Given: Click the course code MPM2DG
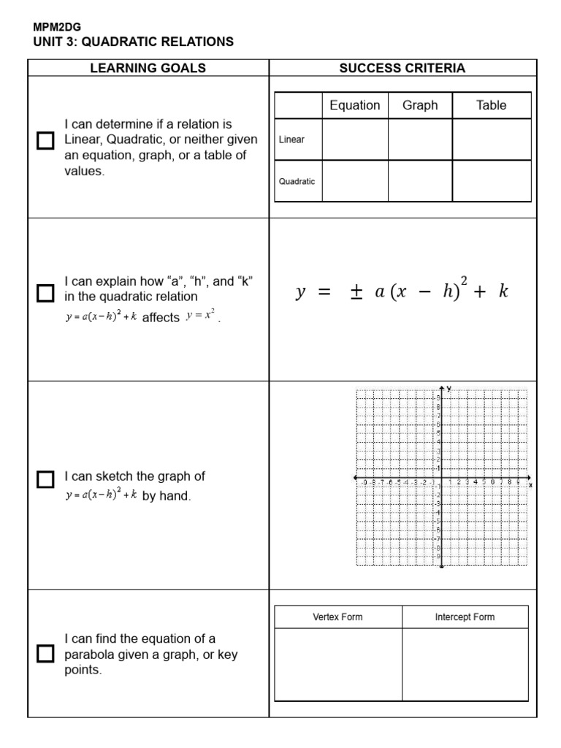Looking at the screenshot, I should pos(57,27).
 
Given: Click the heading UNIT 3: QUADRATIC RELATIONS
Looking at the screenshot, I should pos(134,42).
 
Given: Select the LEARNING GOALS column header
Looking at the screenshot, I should pos(148,68).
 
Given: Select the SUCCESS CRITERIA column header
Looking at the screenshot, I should pos(402,68).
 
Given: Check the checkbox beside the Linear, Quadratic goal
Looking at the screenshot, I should pos(45,140).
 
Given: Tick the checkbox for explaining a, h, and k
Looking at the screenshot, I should pos(45,294).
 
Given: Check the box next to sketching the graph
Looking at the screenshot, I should pos(45,479).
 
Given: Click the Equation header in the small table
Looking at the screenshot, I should pos(354,105).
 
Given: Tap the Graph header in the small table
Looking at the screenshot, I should pos(420,105).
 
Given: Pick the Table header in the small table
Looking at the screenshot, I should pos(491,105).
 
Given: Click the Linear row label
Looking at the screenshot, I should pos(292,140).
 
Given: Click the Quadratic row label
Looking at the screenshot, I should pos(297,181).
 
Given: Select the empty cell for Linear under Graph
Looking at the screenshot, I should pos(420,140).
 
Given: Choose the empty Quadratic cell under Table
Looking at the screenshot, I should pos(491,181).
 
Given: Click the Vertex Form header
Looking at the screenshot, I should pos(337,617).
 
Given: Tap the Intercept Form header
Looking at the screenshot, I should pos(465,617).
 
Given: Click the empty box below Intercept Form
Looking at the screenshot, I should pos(465,665).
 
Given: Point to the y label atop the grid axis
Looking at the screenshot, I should pos(449,388).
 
